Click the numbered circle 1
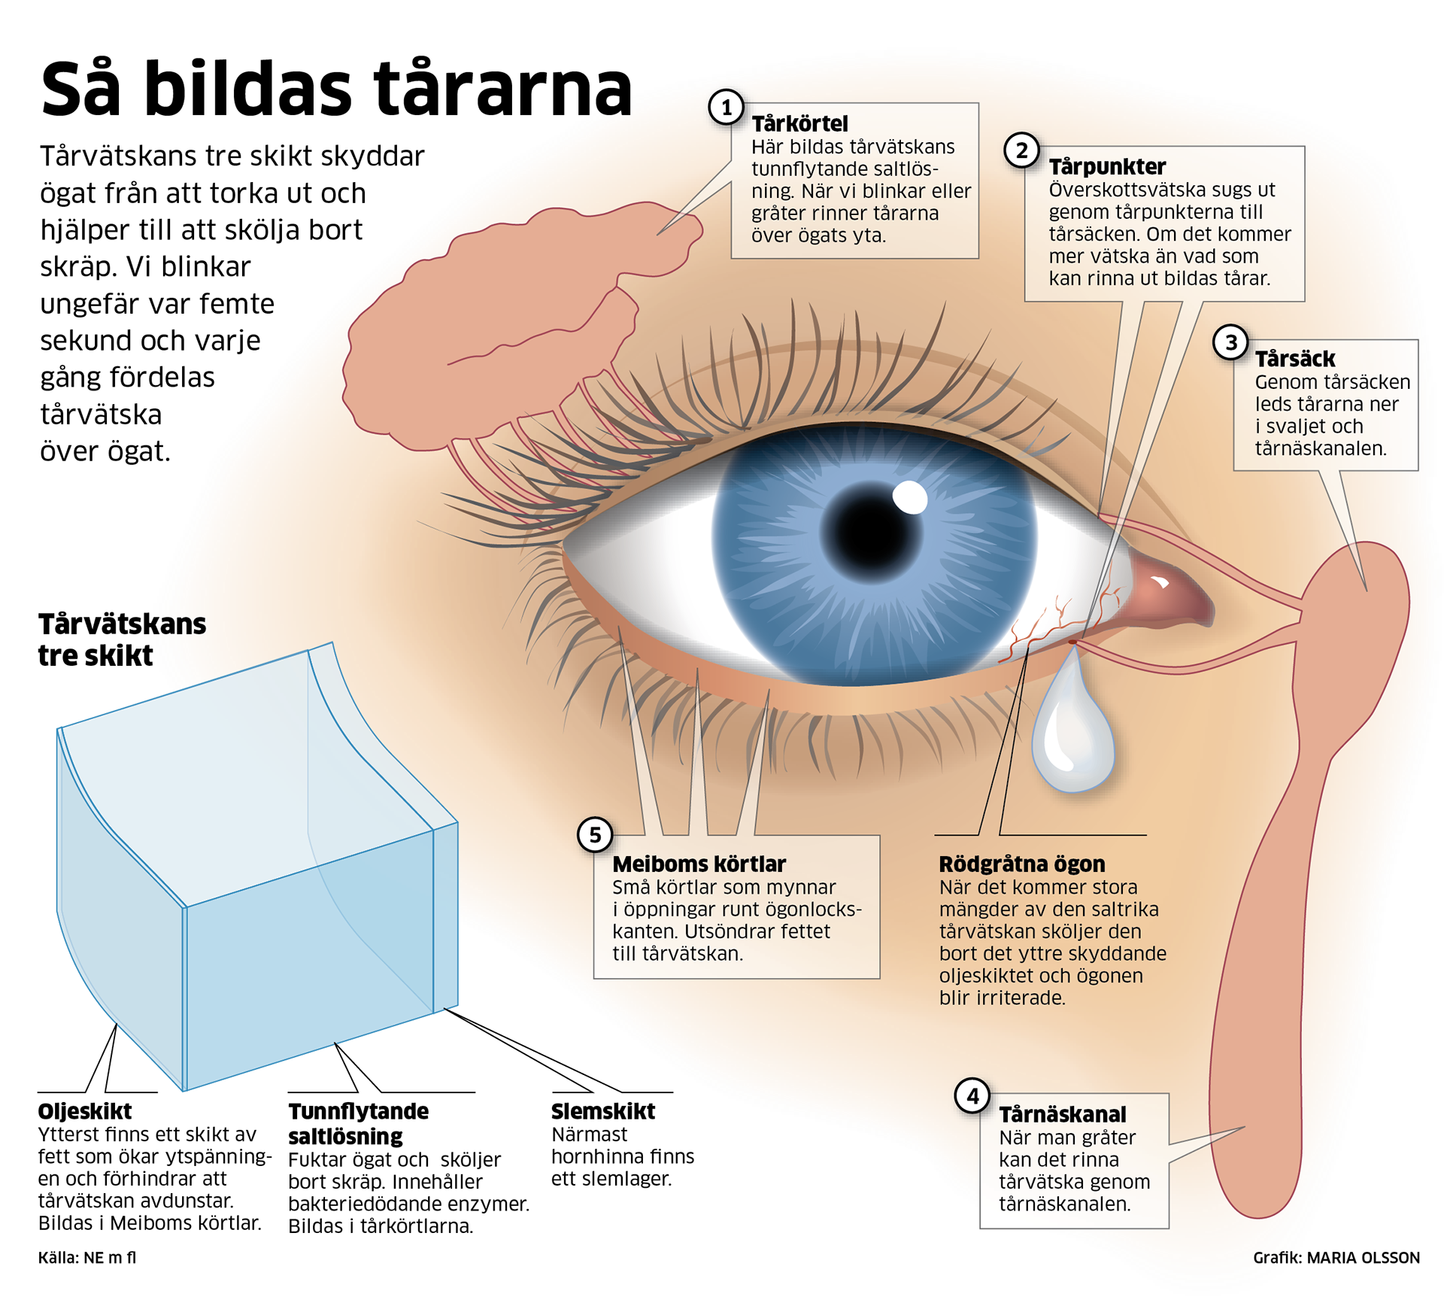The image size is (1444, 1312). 726,108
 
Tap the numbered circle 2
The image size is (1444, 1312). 1021,151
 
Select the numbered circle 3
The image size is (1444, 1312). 1230,343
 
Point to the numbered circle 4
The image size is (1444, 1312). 972,1096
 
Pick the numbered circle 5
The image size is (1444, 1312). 595,835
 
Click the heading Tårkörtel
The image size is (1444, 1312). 799,123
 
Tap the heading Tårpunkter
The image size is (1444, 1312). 1107,166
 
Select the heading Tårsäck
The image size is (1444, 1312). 1294,359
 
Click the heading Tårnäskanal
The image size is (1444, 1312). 1063,1114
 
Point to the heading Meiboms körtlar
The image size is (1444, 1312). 699,864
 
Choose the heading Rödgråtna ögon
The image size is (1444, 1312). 1021,864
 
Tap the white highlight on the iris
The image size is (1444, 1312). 910,497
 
